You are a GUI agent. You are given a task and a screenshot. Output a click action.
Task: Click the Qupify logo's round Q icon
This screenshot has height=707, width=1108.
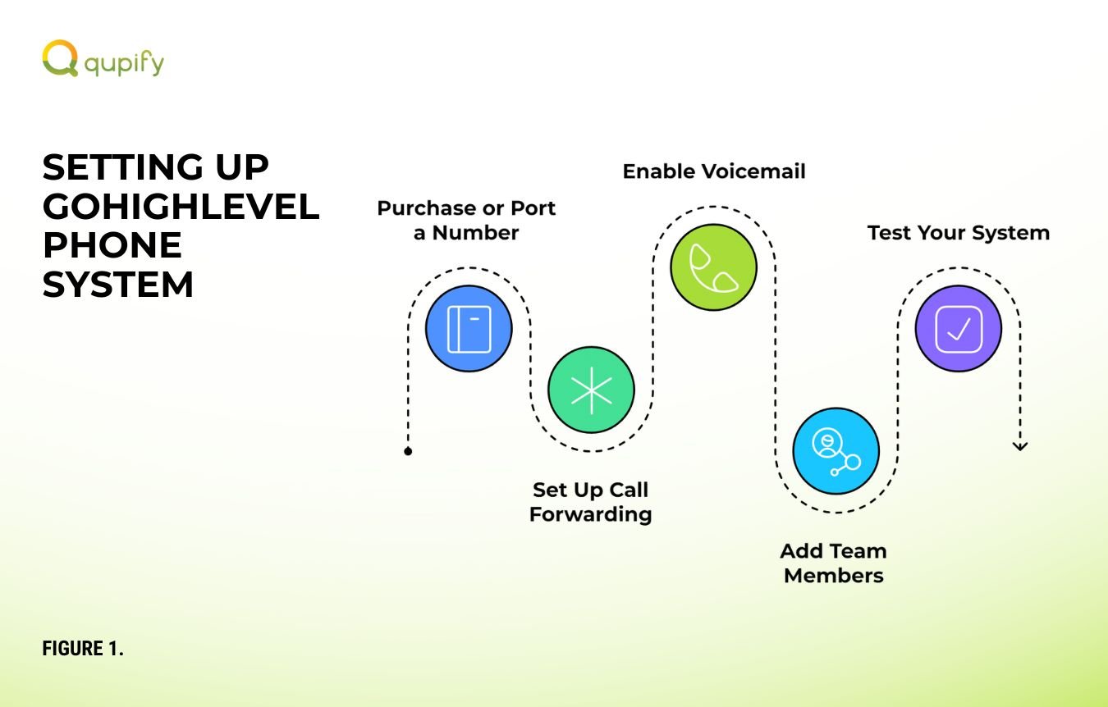tap(60, 58)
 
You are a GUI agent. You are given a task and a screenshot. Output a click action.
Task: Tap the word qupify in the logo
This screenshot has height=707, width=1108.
tap(124, 63)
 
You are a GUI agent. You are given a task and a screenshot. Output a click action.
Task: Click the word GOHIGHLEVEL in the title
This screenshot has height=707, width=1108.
tap(181, 207)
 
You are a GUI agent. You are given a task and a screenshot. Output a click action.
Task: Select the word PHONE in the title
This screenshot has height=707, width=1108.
tap(112, 245)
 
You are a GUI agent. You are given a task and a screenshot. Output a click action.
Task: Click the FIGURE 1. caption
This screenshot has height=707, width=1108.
tap(83, 648)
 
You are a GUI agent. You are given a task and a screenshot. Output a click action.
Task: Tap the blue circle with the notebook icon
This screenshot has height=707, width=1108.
tap(469, 329)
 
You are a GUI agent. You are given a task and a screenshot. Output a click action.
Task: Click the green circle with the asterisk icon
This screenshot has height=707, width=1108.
tap(591, 390)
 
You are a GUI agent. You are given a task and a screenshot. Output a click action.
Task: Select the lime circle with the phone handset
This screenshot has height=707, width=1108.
tap(714, 267)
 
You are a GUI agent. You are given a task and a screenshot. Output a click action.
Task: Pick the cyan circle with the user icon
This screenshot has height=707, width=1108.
tap(836, 451)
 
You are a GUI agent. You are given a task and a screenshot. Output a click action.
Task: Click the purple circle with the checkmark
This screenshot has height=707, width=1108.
tap(959, 329)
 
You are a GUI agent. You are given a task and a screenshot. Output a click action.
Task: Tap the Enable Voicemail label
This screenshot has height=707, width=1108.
tap(714, 171)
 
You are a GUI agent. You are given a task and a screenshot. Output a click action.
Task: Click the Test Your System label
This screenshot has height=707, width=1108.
tap(959, 233)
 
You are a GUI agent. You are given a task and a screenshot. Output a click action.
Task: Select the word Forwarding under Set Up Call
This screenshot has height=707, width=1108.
tap(591, 515)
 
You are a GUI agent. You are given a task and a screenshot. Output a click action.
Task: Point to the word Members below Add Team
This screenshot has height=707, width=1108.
tap(834, 576)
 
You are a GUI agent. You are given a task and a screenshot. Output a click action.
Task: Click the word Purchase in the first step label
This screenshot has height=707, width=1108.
tap(427, 208)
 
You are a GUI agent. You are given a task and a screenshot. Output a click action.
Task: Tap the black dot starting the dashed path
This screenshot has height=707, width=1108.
tap(408, 451)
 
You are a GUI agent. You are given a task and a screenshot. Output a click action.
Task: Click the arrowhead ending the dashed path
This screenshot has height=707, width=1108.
tap(1020, 446)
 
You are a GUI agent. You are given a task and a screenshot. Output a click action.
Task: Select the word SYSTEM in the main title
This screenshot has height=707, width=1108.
tap(117, 285)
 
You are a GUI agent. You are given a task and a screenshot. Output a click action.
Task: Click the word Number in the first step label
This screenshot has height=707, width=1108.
tap(475, 233)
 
